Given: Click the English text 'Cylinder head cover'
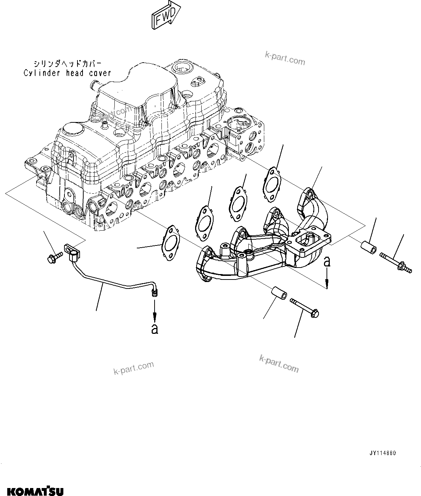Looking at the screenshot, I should point(67,73).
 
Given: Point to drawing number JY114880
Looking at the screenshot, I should point(383,453).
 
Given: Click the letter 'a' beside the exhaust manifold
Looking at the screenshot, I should point(327,261).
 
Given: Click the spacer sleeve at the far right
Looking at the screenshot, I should point(368,247).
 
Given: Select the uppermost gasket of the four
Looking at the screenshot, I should point(271,183).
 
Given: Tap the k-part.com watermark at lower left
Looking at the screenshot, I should point(134,368).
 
